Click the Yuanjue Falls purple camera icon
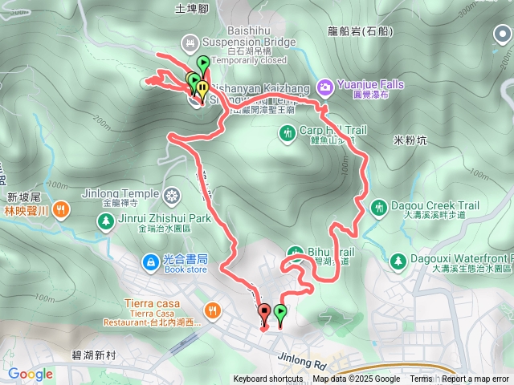tap(324, 85)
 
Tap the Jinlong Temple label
tap(120, 193)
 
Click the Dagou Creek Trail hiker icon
tap(379, 208)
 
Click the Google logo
tap(31, 374)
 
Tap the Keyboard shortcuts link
tap(268, 379)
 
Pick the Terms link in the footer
tap(421, 379)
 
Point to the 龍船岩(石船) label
tap(361, 33)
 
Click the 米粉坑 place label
tap(410, 139)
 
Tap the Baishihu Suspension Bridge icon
tap(190, 42)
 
